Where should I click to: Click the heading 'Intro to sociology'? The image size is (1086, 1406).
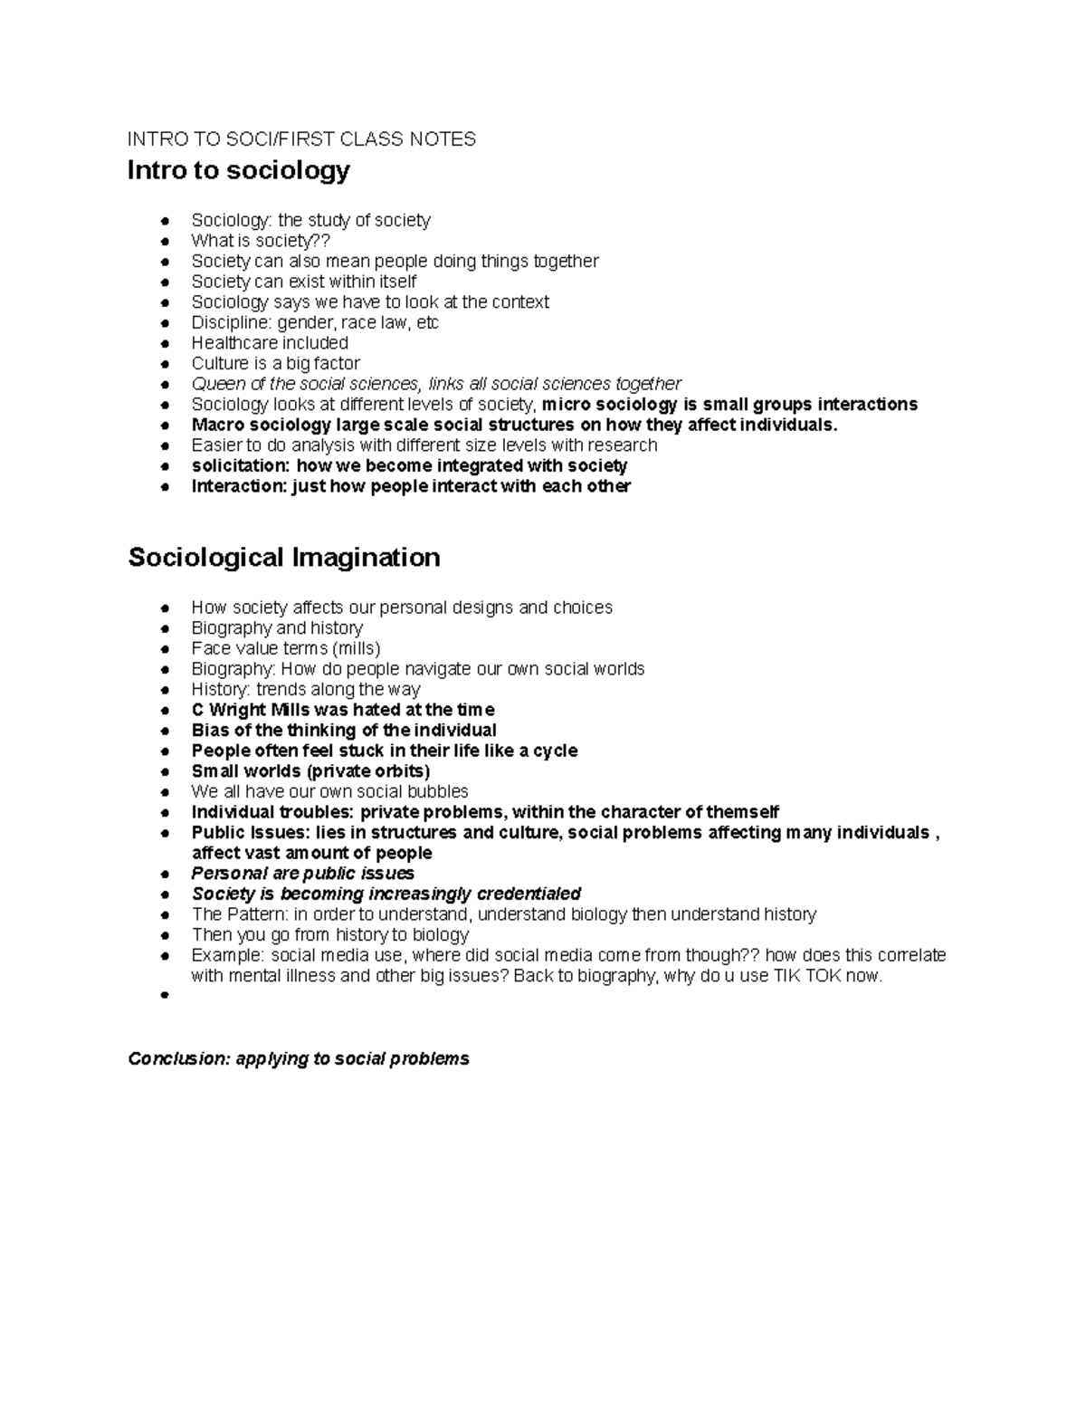point(238,170)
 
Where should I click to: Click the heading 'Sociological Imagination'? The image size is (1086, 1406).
point(284,557)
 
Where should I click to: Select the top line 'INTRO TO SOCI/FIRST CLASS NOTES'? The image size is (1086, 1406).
point(301,139)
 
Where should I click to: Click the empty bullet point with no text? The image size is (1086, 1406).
point(165,996)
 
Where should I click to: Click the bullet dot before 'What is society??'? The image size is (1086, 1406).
point(165,242)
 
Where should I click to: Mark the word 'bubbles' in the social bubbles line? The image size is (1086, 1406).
point(438,791)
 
